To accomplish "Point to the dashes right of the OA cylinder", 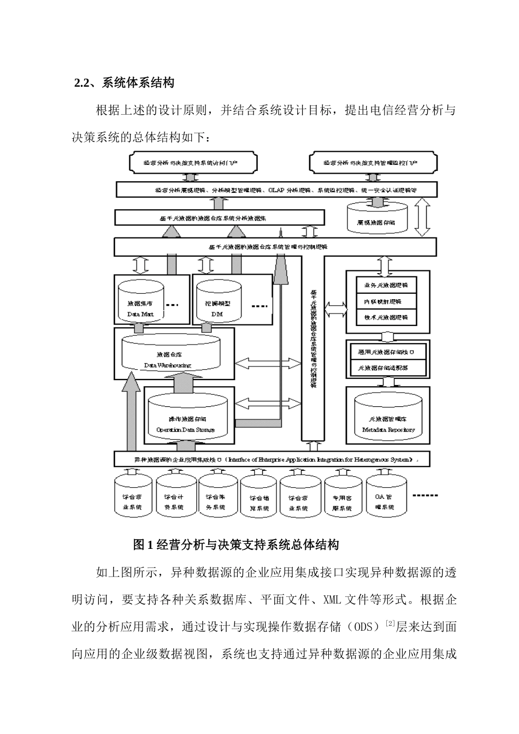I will [x=426, y=496].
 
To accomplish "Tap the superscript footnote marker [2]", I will [x=390, y=624].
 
